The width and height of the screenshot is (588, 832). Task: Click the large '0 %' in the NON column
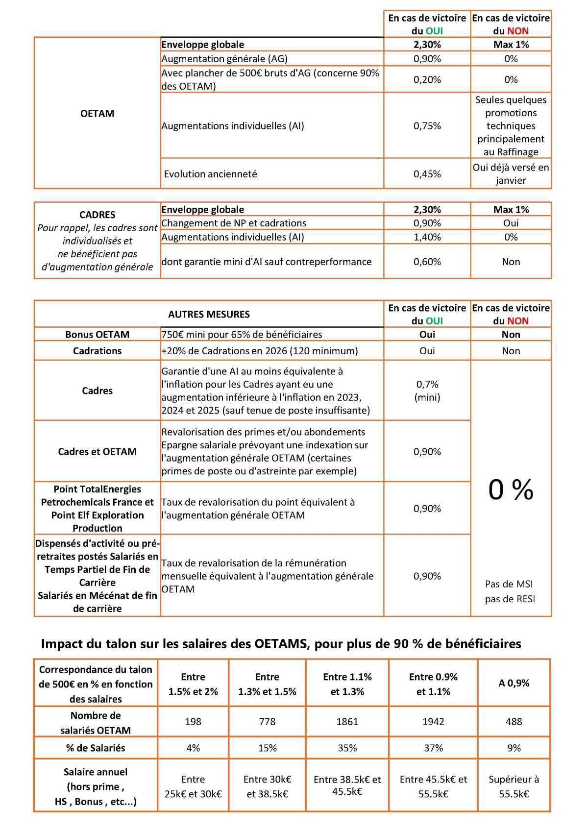click(511, 489)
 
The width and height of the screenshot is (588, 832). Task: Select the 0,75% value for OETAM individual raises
click(427, 126)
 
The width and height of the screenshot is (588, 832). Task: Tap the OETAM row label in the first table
click(97, 113)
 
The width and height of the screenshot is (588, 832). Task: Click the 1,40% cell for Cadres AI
click(427, 237)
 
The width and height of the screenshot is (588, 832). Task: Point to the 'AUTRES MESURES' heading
click(209, 314)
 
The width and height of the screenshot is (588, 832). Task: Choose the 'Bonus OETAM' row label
click(97, 334)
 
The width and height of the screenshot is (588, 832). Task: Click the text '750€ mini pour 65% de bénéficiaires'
click(242, 334)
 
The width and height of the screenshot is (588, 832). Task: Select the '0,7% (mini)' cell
click(427, 391)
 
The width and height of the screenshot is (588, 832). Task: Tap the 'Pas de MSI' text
click(509, 584)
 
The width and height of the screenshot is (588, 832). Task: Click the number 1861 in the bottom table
click(347, 721)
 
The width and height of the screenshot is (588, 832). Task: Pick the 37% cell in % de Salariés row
click(433, 748)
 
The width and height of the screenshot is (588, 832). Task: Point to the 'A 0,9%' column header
click(514, 683)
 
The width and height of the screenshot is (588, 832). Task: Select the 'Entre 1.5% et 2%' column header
click(193, 684)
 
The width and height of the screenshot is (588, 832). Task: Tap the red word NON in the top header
click(518, 31)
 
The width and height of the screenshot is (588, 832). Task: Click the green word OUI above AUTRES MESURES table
click(434, 321)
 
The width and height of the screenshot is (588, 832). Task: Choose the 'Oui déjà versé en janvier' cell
click(511, 174)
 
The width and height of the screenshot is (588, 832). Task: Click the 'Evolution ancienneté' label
click(210, 174)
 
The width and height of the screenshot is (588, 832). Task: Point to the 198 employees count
click(193, 721)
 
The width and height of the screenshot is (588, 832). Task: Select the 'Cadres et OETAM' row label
click(97, 451)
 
